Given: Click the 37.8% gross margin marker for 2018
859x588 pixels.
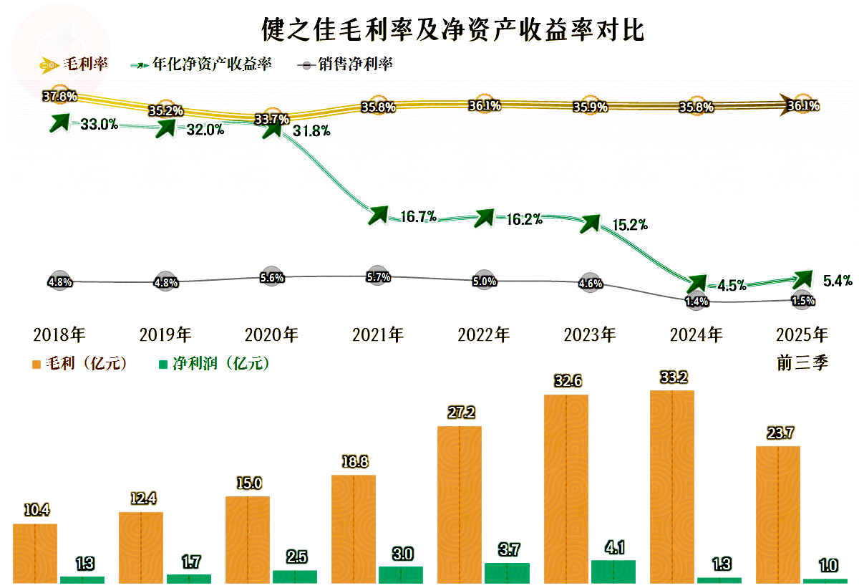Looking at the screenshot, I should pyautogui.click(x=59, y=95).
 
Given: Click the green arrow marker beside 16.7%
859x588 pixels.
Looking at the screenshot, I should pyautogui.click(x=377, y=213).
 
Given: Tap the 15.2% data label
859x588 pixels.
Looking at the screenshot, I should pyautogui.click(x=630, y=225).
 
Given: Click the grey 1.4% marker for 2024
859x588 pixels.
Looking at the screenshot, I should pyautogui.click(x=697, y=302).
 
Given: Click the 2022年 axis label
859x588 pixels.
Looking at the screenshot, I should pyautogui.click(x=484, y=334).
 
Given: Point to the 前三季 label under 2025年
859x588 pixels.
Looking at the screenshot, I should pyautogui.click(x=802, y=363).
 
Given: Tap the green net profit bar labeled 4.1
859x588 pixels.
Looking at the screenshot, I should pyautogui.click(x=613, y=571).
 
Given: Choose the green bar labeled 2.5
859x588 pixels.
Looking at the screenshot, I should pyautogui.click(x=295, y=576).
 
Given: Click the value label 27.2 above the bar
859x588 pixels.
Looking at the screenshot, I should pyautogui.click(x=460, y=413).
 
